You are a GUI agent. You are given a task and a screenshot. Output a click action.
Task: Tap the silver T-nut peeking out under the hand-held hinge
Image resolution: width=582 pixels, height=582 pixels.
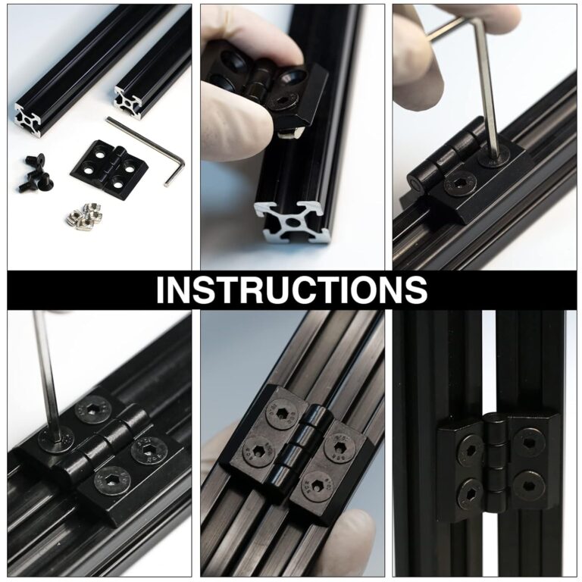tap(289, 131)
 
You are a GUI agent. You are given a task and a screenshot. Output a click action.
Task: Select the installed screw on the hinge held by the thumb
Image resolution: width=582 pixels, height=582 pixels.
tap(293, 97)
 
